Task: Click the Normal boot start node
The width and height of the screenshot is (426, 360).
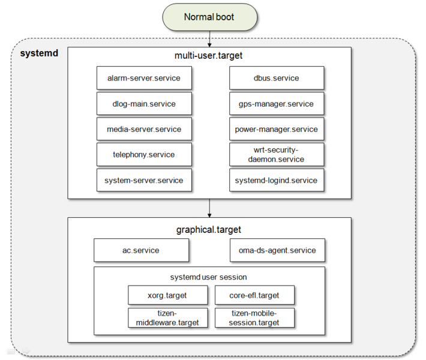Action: (x=209, y=17)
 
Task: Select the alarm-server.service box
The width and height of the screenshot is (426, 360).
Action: (x=144, y=78)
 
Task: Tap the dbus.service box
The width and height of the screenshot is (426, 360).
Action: (x=277, y=78)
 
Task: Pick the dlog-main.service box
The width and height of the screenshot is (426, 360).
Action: (x=144, y=104)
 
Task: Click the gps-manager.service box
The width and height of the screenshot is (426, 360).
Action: (x=277, y=104)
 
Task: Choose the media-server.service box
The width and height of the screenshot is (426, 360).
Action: (x=144, y=129)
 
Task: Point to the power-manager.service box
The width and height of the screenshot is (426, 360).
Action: (x=277, y=129)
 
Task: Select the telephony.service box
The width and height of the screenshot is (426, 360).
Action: (x=144, y=154)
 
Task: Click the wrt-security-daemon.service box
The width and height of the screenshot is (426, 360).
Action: (x=277, y=154)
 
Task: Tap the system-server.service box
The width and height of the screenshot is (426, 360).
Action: (x=144, y=180)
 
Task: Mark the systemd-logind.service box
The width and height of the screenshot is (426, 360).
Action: (x=277, y=180)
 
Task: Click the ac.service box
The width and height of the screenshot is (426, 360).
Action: (x=141, y=250)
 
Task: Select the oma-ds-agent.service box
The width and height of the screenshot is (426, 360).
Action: (x=277, y=250)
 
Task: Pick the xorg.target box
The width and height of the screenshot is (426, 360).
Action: (x=167, y=295)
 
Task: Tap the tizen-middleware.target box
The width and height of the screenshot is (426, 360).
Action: (x=167, y=317)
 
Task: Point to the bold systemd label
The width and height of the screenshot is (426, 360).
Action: (x=39, y=53)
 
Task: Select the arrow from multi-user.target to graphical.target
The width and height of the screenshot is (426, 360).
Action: (x=209, y=208)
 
